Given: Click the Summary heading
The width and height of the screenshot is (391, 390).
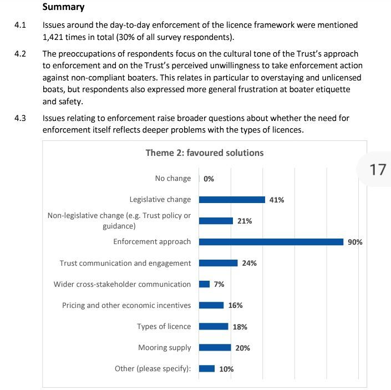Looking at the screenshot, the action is [63, 7].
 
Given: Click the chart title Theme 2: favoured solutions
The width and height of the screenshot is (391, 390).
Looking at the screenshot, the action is [205, 153].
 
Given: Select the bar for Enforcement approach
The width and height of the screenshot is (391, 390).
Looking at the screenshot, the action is [271, 242].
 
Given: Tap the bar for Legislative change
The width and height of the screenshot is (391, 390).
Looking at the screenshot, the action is [232, 200].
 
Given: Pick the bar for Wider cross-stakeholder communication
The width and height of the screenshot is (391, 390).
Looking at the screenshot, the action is [204, 284].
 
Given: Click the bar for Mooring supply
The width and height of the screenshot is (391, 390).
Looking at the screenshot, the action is [215, 347].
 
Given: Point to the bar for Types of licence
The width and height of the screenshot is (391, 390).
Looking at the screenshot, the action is [214, 326].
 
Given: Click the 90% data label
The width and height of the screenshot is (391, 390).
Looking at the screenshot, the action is [355, 242].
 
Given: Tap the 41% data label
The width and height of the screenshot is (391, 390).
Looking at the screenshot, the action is [277, 200].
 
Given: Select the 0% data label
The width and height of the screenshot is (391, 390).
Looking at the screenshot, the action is [209, 179].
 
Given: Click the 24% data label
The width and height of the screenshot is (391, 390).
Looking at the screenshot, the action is [250, 263].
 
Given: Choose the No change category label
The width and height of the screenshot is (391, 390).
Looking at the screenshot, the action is [173, 178].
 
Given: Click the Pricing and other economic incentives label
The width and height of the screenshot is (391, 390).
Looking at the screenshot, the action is [126, 305].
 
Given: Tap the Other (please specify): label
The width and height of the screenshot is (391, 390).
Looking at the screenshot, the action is [153, 368].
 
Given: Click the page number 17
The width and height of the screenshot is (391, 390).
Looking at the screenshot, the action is [378, 170].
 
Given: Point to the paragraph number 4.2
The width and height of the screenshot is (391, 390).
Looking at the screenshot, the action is [20, 54].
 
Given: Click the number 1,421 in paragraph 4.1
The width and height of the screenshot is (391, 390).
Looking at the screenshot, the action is [53, 37].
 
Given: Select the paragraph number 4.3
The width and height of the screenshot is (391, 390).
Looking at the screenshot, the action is [20, 118].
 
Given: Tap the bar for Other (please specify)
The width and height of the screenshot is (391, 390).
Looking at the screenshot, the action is [207, 368].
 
